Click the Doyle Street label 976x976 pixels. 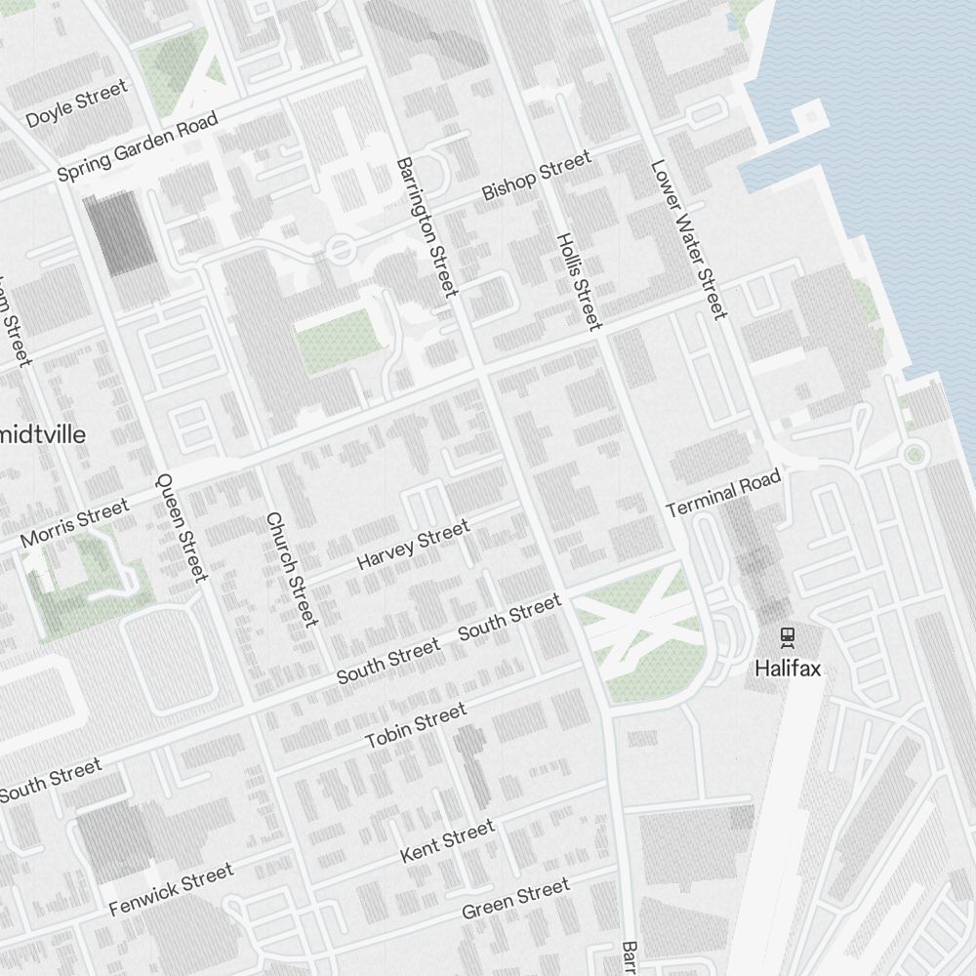(x=76, y=104)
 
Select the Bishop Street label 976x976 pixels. (x=537, y=176)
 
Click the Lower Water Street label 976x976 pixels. (x=689, y=239)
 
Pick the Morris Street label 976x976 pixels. (x=74, y=524)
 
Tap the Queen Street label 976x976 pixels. (x=182, y=526)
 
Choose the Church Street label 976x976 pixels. (x=292, y=569)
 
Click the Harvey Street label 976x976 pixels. (x=413, y=545)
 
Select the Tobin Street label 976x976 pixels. (x=416, y=728)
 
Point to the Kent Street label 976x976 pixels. (x=448, y=841)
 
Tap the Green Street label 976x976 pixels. (x=515, y=899)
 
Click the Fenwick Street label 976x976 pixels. (x=172, y=889)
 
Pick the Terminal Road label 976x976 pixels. (x=723, y=494)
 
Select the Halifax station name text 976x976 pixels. (x=788, y=670)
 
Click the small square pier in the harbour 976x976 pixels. (x=809, y=118)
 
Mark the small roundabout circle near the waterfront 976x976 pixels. (x=915, y=452)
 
